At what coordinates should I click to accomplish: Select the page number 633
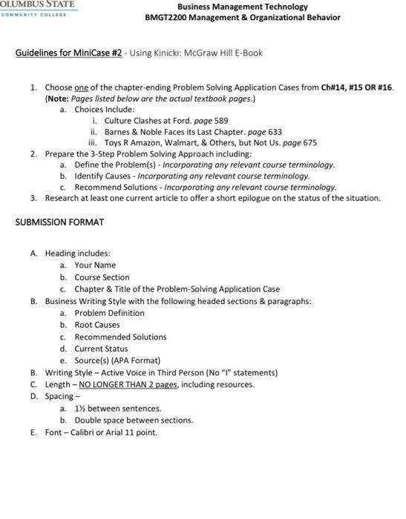(274, 132)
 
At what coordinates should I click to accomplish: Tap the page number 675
(310, 143)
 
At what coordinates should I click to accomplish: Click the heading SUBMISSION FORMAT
(59, 222)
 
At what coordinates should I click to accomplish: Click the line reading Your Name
(95, 265)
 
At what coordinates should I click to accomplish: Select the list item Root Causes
(97, 325)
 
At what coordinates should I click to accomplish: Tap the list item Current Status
(101, 348)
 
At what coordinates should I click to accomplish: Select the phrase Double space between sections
(134, 420)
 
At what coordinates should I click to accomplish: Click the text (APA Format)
(135, 360)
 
